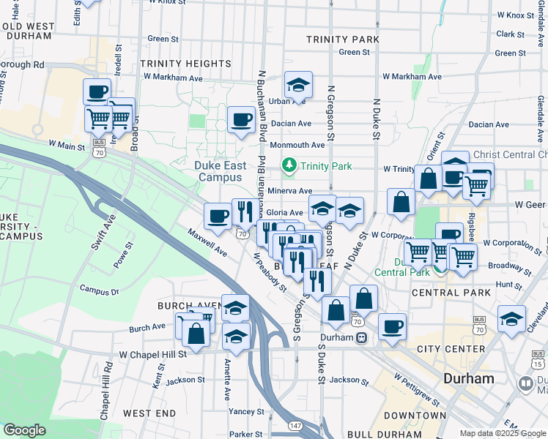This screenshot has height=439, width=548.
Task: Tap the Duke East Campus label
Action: point(220,171)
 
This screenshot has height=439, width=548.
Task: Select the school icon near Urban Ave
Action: point(298,85)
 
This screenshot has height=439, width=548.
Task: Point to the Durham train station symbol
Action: point(362,337)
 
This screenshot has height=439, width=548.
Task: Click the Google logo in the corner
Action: point(24,430)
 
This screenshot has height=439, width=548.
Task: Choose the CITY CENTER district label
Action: point(451,349)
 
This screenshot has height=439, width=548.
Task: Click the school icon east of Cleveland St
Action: point(511,319)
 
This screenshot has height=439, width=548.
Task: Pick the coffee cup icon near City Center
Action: point(392,326)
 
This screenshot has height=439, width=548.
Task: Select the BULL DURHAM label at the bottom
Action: point(385,434)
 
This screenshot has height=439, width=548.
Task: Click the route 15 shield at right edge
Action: point(538,361)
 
